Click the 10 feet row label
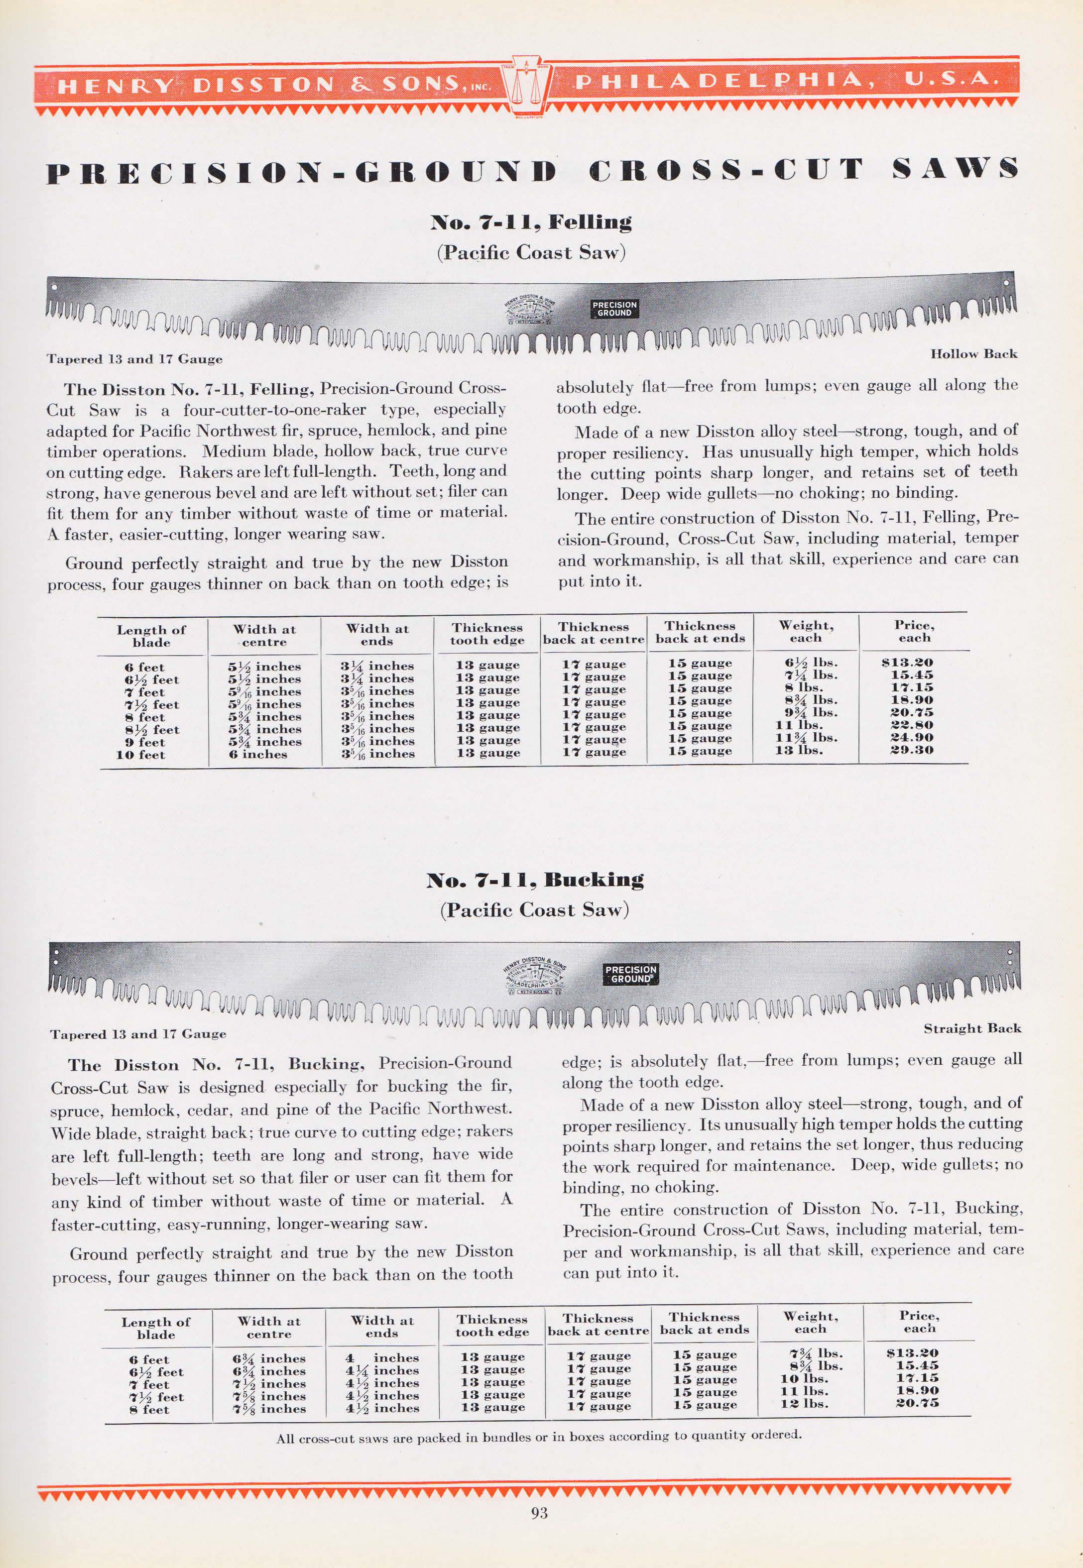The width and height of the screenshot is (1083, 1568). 140,754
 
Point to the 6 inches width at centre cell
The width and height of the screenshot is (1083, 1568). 258,754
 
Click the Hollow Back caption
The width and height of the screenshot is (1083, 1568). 973,354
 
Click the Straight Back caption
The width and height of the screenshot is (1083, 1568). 972,1029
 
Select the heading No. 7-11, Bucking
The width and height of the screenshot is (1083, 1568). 535,880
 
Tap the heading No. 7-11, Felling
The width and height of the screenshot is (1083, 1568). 531,222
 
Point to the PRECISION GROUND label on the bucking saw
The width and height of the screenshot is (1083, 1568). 630,975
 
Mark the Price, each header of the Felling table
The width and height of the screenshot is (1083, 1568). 914,631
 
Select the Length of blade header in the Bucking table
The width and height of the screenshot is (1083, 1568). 155,1328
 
